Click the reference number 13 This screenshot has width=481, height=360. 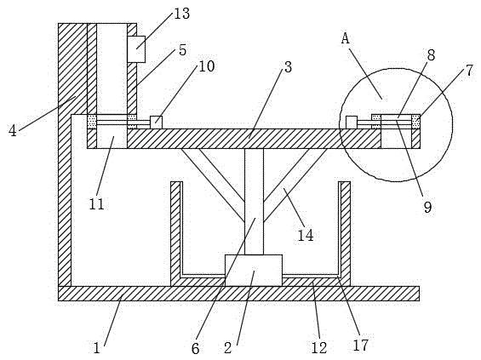(x=182, y=14)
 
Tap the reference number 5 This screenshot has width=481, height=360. (x=182, y=50)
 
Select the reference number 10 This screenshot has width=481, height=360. (x=207, y=66)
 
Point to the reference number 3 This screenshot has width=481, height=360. (x=288, y=67)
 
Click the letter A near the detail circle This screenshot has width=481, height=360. (x=346, y=38)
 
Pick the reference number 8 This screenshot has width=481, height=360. (x=431, y=55)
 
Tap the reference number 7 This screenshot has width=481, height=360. (x=470, y=71)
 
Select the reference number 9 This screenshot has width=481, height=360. (x=427, y=208)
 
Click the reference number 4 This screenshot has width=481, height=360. (x=13, y=131)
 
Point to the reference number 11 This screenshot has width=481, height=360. (x=97, y=204)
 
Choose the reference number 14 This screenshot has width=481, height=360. (x=306, y=236)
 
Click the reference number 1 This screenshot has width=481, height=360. (x=97, y=348)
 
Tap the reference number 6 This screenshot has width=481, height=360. (x=196, y=348)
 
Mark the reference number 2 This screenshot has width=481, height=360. (x=227, y=348)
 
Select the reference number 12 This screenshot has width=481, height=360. (x=319, y=348)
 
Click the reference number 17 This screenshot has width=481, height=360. (x=360, y=345)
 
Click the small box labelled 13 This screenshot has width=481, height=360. (x=136, y=49)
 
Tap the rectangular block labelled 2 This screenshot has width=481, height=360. (x=254, y=271)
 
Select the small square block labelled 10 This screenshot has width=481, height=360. (x=156, y=123)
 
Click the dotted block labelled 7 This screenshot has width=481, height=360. (x=416, y=122)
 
